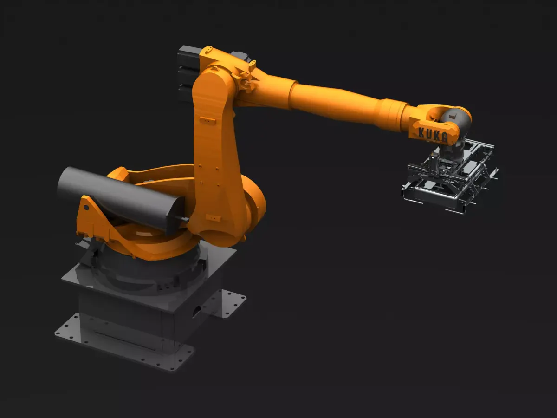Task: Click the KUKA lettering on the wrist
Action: pos(434,134)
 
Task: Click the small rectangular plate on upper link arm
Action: pos(207,120)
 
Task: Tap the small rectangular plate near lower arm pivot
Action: pos(213,217)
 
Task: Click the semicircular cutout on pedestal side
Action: pos(197,312)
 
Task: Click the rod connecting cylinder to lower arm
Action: pos(183,218)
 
